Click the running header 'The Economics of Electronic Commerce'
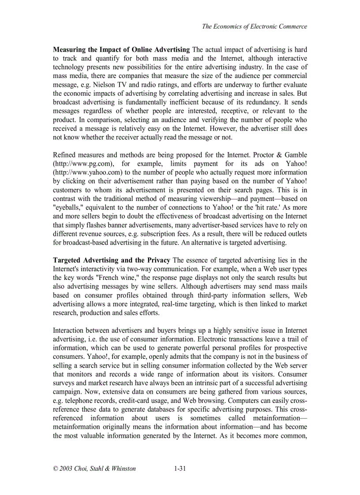(x=255, y=26)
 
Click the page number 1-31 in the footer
(x=180, y=469)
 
